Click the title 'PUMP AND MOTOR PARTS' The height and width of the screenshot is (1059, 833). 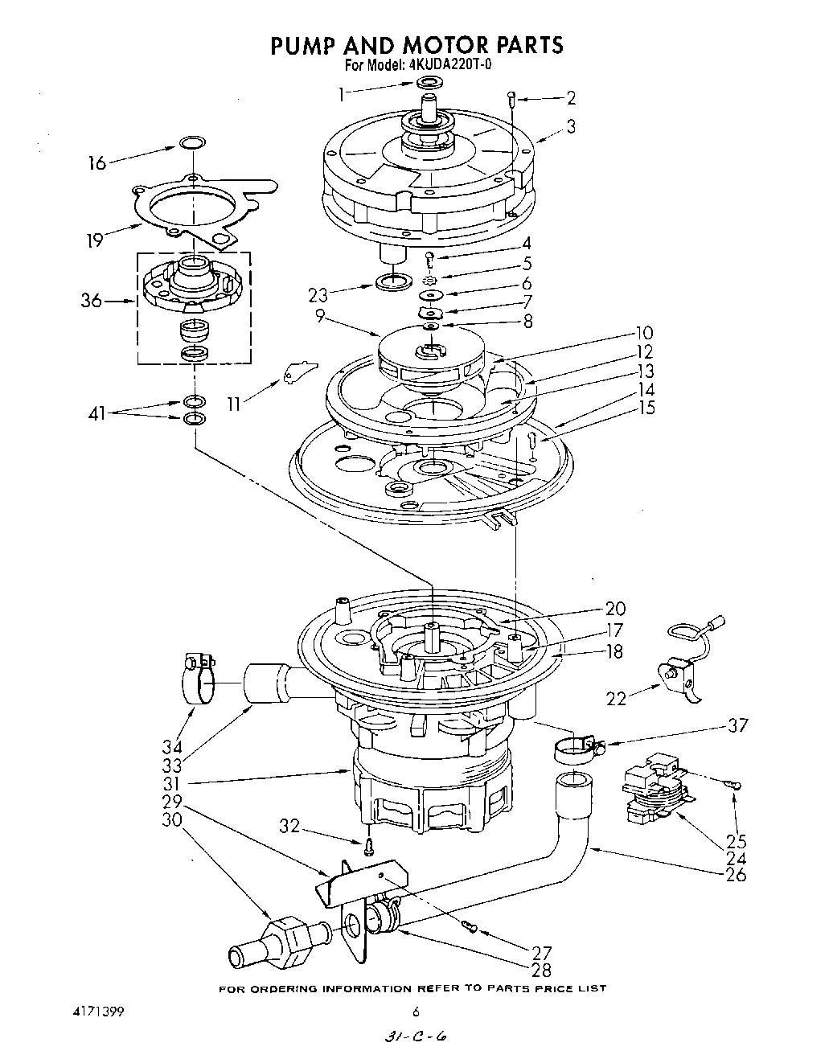point(416,45)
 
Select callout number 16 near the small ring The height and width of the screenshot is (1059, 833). point(96,163)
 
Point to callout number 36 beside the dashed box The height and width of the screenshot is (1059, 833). point(92,301)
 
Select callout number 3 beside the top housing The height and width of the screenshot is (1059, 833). point(570,126)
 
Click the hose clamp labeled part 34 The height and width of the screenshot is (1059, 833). point(197,679)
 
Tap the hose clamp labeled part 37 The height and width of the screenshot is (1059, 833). point(577,748)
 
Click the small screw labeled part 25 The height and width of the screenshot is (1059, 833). point(733,785)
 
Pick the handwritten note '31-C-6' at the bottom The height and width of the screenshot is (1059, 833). point(416,1038)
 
